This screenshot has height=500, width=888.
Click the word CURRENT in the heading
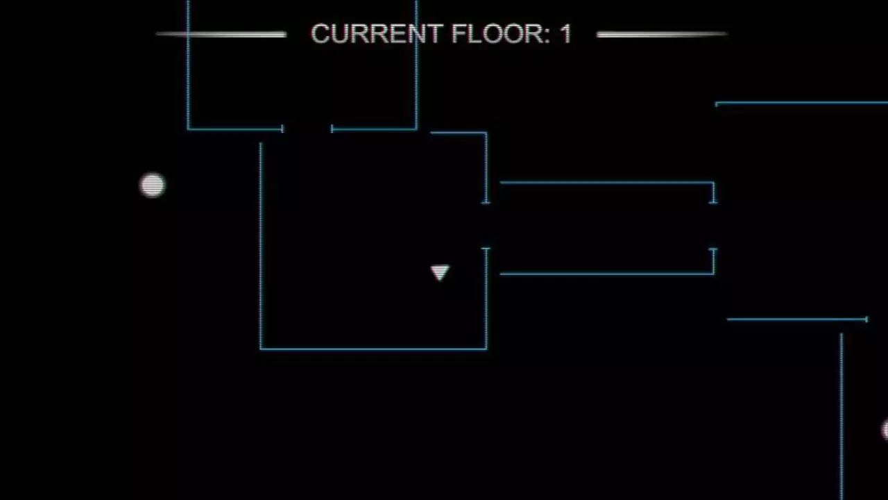tap(377, 34)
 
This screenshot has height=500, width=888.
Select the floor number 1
tap(565, 34)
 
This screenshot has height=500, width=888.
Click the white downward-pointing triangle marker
tap(440, 273)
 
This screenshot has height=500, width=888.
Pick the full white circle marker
tap(153, 185)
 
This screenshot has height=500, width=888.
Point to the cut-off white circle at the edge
tap(885, 429)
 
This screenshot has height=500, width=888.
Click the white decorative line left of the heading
tap(221, 35)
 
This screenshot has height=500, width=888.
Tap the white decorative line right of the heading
tap(662, 35)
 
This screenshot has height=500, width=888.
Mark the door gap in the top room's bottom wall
tap(307, 128)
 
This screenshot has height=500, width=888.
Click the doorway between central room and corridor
tap(486, 226)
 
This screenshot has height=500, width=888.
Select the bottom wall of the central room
tap(373, 349)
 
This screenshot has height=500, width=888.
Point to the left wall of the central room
tap(260, 246)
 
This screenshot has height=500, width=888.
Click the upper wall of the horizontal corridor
tap(607, 183)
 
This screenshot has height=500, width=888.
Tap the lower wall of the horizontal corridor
tap(607, 274)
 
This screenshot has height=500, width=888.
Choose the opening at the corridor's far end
tap(713, 226)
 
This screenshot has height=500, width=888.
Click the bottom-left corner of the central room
tap(260, 349)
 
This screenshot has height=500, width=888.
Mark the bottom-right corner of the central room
tap(486, 349)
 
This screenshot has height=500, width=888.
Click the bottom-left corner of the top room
tap(188, 128)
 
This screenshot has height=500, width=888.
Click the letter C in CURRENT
tap(321, 34)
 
